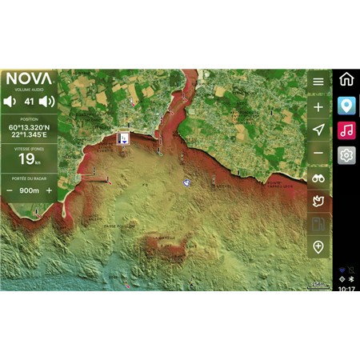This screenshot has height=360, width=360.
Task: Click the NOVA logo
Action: point(29,79)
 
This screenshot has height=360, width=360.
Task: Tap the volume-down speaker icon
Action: point(9,102)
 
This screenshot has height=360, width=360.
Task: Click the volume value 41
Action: point(29,102)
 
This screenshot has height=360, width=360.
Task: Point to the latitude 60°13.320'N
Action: point(29,126)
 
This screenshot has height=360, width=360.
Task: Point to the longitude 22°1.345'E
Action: point(29,134)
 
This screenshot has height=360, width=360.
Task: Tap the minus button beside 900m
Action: point(10,190)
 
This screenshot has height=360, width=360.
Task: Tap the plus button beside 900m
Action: point(49,190)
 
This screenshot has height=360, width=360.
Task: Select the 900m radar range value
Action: point(29,190)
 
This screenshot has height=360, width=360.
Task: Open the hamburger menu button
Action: point(318,82)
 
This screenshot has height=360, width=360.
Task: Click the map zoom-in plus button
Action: point(318,106)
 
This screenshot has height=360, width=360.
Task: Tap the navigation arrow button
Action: point(318,130)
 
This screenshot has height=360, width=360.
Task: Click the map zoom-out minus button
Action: point(318,153)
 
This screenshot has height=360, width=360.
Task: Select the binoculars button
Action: point(318,177)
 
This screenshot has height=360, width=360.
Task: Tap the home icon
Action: point(346,79)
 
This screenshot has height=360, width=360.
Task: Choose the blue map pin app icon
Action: point(346,105)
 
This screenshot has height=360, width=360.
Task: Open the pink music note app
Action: point(346,130)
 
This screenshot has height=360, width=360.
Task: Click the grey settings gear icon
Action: point(346,154)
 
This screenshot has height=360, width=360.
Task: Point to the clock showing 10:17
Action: point(346,288)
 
